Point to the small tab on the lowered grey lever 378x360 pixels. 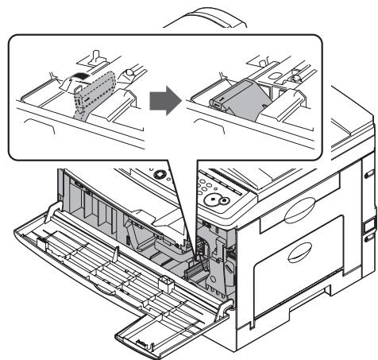point(217,103)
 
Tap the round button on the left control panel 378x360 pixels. point(162,173)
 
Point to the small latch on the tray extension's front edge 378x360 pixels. point(142,344)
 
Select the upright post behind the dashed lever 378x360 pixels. point(92,58)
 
